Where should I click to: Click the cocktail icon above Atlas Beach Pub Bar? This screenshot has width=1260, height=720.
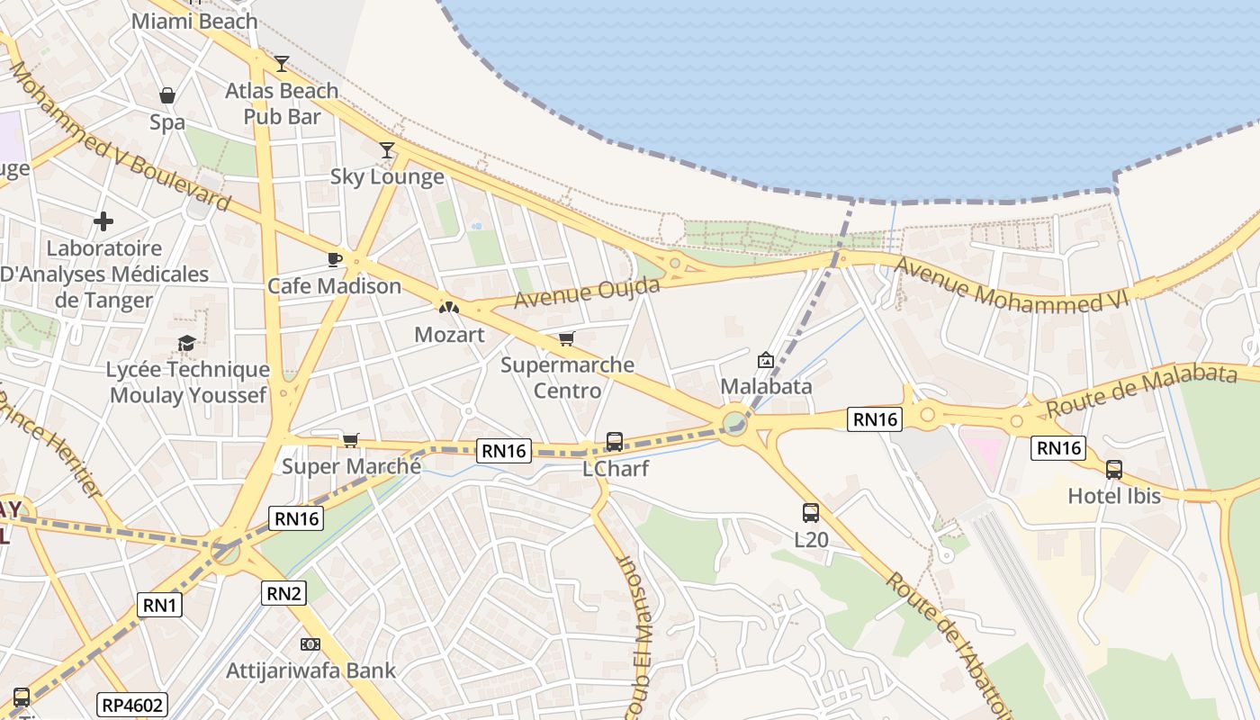pos(282,63)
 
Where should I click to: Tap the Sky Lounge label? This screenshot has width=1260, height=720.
pos(387,176)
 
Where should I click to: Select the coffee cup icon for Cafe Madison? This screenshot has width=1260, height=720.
pos(335,260)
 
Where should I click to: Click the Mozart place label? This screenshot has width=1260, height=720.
pos(449,335)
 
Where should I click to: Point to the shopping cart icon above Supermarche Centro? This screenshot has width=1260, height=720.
pos(566,339)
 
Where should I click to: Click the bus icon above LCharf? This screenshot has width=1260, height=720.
pos(615,442)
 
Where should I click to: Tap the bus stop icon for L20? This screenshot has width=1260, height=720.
pos(811,513)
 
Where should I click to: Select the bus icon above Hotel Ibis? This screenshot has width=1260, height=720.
pos(1113,470)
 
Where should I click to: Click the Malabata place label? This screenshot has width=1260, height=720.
pos(766,386)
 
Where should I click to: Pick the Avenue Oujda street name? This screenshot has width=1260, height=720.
pos(587,292)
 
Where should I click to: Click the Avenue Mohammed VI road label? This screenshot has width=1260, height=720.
pos(1011,285)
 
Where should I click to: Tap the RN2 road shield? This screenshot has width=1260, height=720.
pos(284,593)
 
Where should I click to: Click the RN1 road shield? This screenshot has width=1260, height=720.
pos(160,605)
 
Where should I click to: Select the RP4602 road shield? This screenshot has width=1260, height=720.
pos(133,705)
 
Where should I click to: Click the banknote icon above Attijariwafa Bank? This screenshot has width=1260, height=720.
pos(310,644)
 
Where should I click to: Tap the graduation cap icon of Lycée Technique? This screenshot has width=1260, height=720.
pos(187,343)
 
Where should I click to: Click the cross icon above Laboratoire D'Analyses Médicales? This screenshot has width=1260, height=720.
pos(103,220)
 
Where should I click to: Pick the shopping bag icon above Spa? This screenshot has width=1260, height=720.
pos(167,95)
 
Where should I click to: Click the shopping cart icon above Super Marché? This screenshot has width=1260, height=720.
pos(351,440)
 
